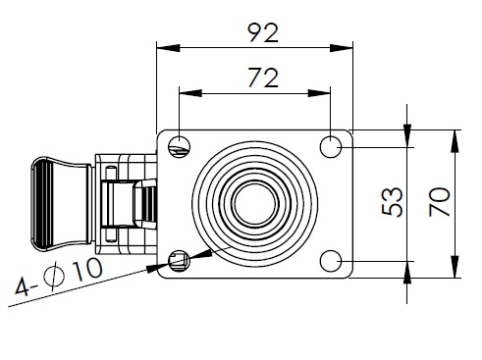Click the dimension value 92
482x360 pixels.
(x=263, y=32)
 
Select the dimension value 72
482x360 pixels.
(x=263, y=77)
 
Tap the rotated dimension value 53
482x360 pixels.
(x=392, y=202)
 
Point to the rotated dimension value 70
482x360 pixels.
(x=440, y=202)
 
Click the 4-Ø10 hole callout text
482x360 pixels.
(x=59, y=276)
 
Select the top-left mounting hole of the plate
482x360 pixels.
(x=180, y=146)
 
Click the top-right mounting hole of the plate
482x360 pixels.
(x=331, y=146)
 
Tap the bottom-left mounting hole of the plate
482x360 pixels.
(x=180, y=261)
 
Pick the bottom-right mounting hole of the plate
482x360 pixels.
(x=331, y=261)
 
